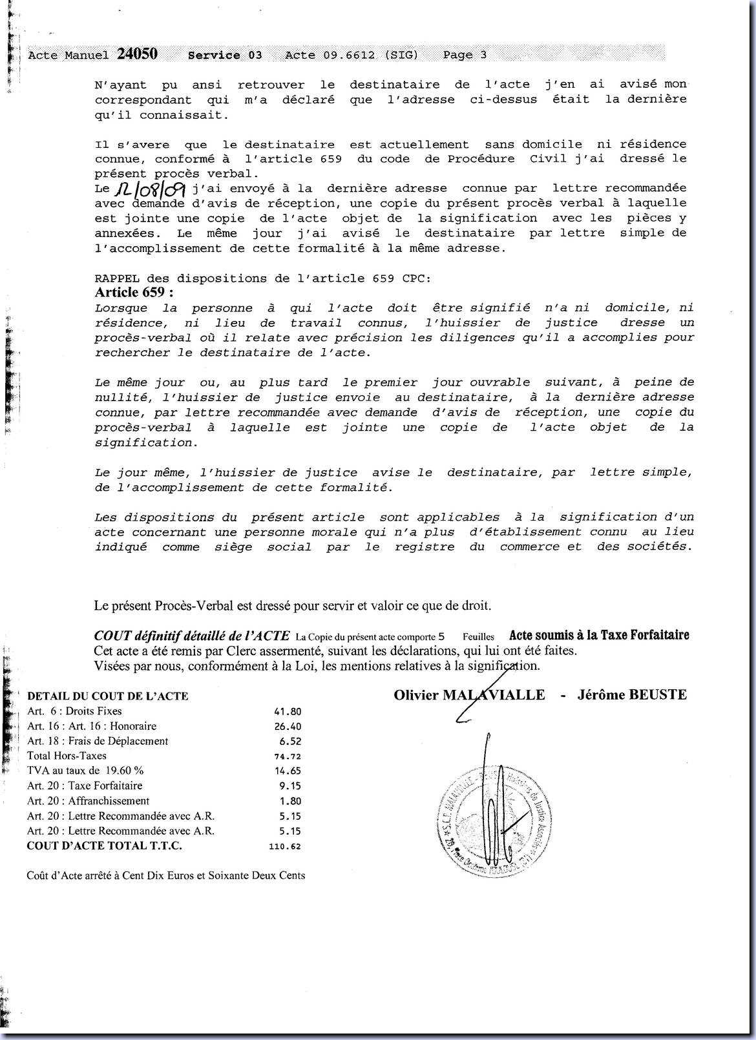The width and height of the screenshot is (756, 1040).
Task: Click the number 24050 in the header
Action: pos(137,54)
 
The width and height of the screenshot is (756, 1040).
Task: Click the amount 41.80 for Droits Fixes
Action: pos(288,711)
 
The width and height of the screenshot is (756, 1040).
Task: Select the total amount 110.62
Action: pos(284,846)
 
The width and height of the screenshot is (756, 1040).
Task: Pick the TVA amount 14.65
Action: pos(288,771)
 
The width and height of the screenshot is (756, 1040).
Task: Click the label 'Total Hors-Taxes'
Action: pos(67,756)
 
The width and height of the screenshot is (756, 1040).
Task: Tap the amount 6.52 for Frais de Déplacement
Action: pos(291,742)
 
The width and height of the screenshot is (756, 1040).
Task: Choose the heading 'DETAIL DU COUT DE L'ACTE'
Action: pos(108,696)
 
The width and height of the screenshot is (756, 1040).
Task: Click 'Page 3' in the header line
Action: pos(465,56)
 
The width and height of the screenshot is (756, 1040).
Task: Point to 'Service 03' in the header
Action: pos(225,56)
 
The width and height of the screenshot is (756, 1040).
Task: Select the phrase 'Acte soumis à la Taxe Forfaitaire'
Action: pos(599,635)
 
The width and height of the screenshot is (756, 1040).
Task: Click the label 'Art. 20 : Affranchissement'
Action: pos(88,801)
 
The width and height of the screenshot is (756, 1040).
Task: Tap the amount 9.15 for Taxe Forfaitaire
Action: pos(291,786)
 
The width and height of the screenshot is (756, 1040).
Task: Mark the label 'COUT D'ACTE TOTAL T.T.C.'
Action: pos(104,846)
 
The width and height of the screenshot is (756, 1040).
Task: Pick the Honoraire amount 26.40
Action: pos(288,727)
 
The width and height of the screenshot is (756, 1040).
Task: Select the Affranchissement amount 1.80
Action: pos(291,802)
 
